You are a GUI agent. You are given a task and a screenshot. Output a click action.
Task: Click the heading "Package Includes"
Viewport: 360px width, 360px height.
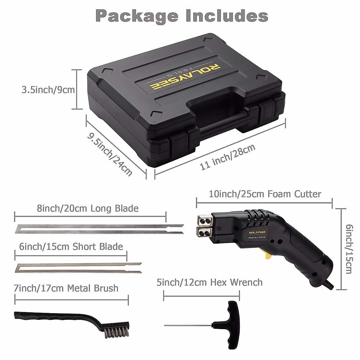(x=182, y=16)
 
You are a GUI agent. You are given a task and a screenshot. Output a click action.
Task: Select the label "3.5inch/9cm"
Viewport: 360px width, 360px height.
(x=48, y=90)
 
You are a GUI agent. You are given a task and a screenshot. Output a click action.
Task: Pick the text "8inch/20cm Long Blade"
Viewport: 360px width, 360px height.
(x=88, y=208)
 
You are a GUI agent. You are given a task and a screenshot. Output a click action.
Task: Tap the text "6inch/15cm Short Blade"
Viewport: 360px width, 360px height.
(x=71, y=247)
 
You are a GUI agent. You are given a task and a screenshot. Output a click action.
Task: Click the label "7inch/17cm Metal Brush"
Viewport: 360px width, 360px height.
(x=66, y=288)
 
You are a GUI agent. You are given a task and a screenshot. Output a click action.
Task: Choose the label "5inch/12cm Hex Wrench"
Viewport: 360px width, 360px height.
(x=209, y=282)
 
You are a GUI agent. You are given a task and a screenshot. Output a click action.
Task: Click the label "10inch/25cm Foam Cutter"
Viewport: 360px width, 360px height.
(x=265, y=194)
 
